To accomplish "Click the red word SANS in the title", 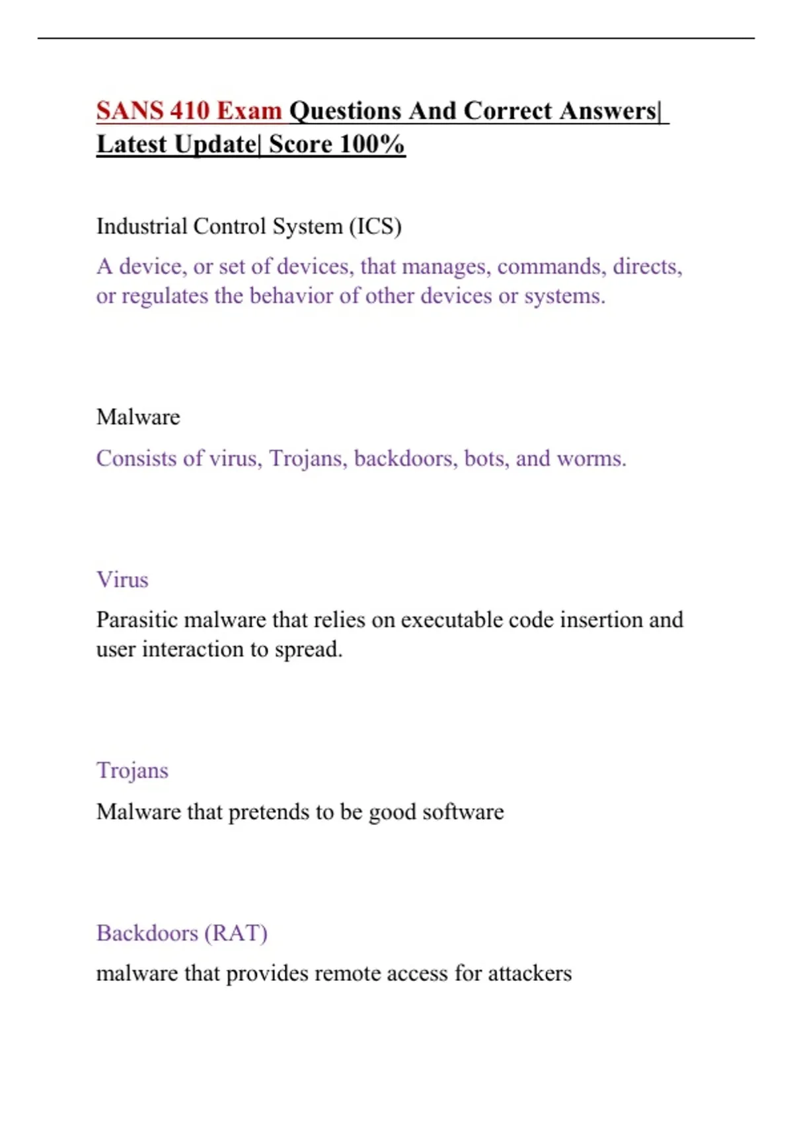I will (x=130, y=111).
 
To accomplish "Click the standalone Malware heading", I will (x=138, y=417).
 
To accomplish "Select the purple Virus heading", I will (x=122, y=579).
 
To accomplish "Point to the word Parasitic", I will (x=137, y=620).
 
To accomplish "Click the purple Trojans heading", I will (x=132, y=770).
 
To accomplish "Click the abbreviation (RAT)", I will (x=236, y=933).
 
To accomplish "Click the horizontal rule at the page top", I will (x=397, y=38).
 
